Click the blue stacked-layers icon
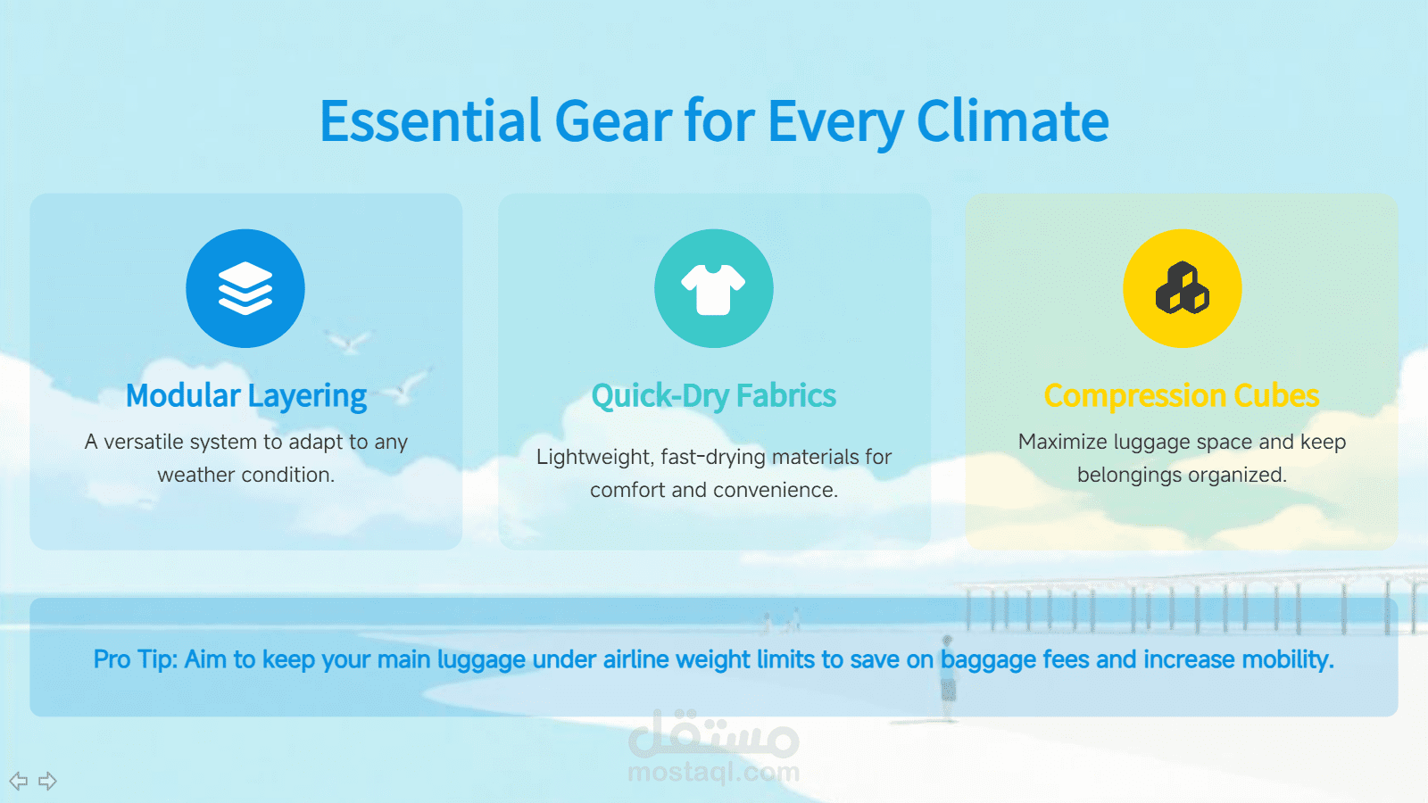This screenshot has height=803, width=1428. [245, 288]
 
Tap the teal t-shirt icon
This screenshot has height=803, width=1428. [713, 288]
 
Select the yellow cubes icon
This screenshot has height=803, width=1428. [1182, 288]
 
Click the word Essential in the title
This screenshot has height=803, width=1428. [430, 120]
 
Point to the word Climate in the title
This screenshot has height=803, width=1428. [1013, 120]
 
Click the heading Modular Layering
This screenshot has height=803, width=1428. [246, 396]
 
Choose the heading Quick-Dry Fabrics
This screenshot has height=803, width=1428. [714, 396]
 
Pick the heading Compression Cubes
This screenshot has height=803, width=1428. [1182, 396]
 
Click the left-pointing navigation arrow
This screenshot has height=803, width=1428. [19, 781]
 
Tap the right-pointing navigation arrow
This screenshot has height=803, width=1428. [48, 781]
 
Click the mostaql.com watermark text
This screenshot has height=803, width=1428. [713, 773]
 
